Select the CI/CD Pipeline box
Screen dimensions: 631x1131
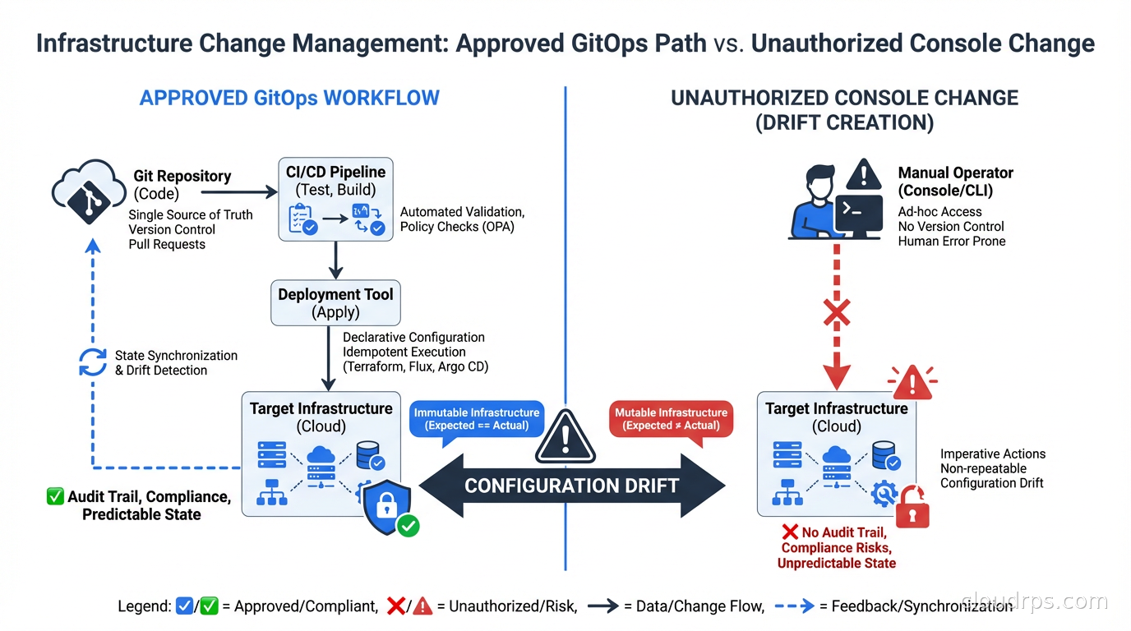(x=335, y=200)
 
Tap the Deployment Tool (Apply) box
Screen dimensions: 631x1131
(x=335, y=302)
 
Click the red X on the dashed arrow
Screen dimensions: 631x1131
(x=837, y=313)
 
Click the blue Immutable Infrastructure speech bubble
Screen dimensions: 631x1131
(x=477, y=419)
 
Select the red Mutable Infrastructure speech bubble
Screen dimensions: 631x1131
(x=671, y=419)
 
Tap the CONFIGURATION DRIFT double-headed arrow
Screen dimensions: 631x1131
(x=571, y=486)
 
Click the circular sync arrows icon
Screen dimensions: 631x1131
(x=92, y=362)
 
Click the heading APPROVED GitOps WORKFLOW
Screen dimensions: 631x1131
(x=289, y=98)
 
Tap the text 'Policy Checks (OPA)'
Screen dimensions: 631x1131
(x=457, y=227)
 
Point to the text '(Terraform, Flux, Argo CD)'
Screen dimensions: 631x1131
(x=415, y=366)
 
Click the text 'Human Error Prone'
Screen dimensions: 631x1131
(x=951, y=242)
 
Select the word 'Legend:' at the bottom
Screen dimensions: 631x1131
(x=145, y=607)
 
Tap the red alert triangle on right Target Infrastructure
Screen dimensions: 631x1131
(x=911, y=382)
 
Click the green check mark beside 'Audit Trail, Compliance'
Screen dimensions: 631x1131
(x=55, y=496)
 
